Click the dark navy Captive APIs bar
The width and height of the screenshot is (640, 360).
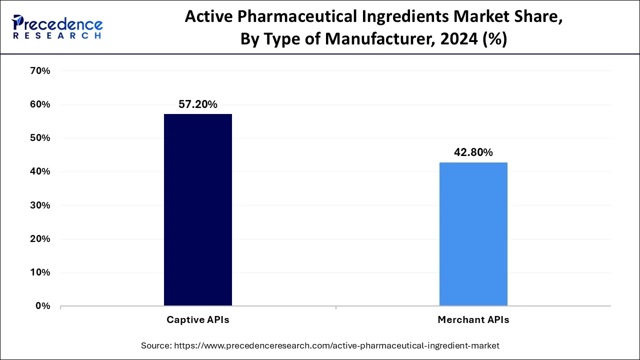pos(198,209)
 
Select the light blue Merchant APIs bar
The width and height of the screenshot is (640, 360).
pos(473,233)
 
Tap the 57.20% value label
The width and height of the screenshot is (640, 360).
pos(198,104)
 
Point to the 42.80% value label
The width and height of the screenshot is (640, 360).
pos(473,152)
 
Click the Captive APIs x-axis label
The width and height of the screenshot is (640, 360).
pos(198,319)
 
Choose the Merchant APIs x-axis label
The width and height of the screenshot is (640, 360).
pos(473,319)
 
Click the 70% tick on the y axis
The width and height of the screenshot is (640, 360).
pos(40,71)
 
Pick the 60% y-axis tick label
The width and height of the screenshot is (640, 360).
pos(40,104)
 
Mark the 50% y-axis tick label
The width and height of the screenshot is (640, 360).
pos(40,138)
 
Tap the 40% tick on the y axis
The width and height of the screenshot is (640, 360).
pos(40,171)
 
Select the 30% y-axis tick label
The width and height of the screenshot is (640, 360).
pos(40,205)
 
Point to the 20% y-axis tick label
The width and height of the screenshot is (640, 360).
pos(40,239)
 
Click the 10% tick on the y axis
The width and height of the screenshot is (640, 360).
pos(40,272)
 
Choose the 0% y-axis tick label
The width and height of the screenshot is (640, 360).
pos(43,306)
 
